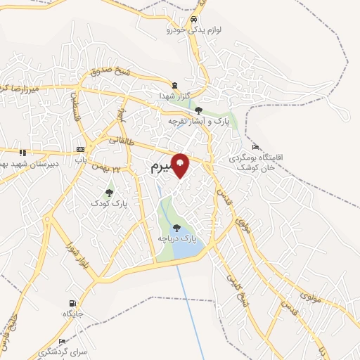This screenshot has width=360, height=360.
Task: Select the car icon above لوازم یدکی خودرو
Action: click(194, 19)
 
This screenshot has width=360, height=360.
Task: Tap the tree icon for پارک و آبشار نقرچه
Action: click(199, 110)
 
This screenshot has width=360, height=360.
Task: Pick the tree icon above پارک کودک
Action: click(109, 191)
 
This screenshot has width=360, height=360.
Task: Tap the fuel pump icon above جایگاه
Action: click(71, 302)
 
